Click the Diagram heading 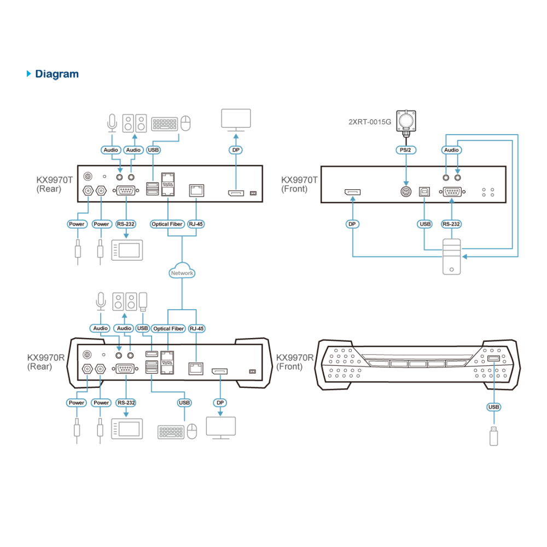click(57, 74)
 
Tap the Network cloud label click(182, 273)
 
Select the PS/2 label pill click(406, 150)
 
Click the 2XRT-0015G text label click(370, 122)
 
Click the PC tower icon click(451, 257)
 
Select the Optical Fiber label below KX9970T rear click(167, 224)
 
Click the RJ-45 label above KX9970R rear click(197, 329)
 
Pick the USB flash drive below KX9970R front click(493, 436)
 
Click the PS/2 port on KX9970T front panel click(406, 191)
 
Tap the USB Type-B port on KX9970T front click(424, 191)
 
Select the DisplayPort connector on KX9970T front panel click(353, 192)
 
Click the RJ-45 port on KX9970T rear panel click(196, 190)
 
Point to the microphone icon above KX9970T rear click(112, 123)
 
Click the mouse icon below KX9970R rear click(192, 432)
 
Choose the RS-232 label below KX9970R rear click(126, 403)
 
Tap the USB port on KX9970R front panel click(493, 358)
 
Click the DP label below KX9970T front click(352, 224)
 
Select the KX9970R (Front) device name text click(295, 362)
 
